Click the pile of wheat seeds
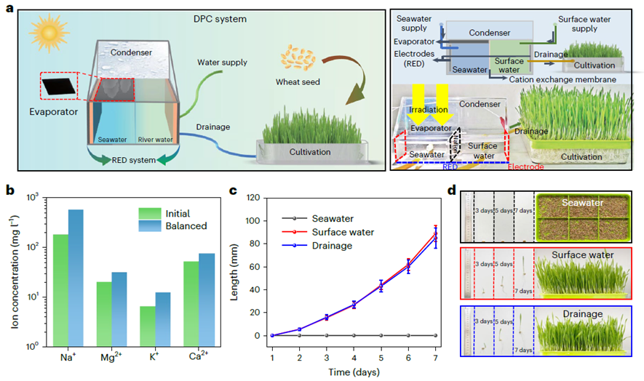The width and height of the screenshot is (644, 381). [298, 56]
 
